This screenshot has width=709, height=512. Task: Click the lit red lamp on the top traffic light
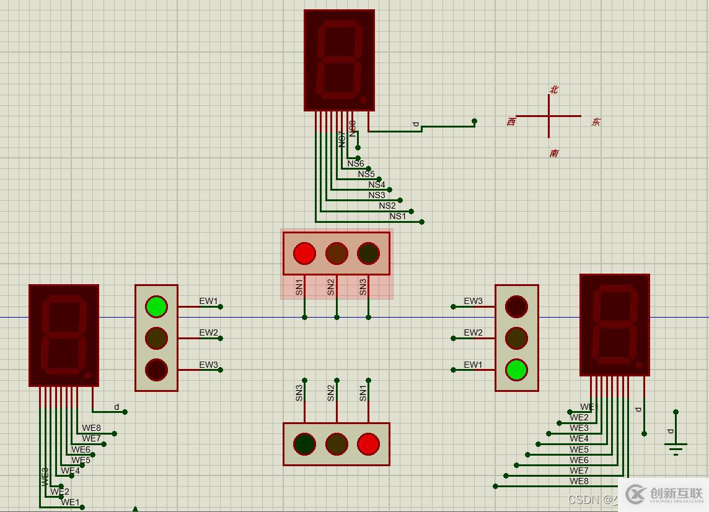coord(304,253)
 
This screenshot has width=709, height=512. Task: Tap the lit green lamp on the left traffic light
coord(156,306)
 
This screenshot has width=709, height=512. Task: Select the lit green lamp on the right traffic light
coord(516,370)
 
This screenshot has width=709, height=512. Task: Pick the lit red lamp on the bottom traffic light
coord(368,444)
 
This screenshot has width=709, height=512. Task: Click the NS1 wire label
coord(397,216)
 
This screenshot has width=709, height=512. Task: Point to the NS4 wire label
coord(376,184)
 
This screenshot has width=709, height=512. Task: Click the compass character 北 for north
coord(553,90)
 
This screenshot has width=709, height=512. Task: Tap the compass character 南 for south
coord(553,153)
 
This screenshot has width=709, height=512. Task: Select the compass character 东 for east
coord(596,122)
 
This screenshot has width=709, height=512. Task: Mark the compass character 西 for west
coord(511,122)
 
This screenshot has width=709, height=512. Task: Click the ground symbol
coord(676,447)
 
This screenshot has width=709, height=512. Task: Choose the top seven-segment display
coord(339,60)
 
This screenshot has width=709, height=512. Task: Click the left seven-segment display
coord(64,335)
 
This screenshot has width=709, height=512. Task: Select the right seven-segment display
coord(614,325)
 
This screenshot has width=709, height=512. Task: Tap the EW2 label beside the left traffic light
coord(208,332)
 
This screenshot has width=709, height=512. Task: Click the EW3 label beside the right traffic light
coord(473,301)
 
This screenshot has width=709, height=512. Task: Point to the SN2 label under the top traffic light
coord(331,287)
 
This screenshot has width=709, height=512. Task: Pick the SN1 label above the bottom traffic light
coord(363,393)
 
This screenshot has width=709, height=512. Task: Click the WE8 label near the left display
coord(91,428)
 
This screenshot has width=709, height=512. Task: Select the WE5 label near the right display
coord(579,449)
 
